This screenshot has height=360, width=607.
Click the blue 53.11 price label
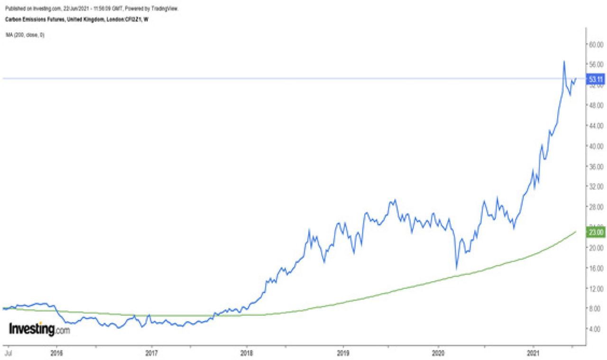[x=596, y=79]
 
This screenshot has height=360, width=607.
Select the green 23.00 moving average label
[x=596, y=232]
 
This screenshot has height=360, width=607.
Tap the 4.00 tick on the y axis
[x=595, y=328]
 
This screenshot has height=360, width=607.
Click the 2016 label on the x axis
[x=57, y=353]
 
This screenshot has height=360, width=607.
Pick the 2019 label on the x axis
[x=342, y=353]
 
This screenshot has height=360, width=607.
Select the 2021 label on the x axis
[x=533, y=353]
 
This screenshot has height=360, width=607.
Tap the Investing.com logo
[x=39, y=329]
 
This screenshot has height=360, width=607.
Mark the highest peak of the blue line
[x=564, y=61]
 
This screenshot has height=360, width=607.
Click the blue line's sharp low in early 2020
[x=456, y=269]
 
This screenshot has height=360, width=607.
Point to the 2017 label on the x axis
[x=151, y=353]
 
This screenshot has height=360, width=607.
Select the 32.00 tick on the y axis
[x=595, y=186]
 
